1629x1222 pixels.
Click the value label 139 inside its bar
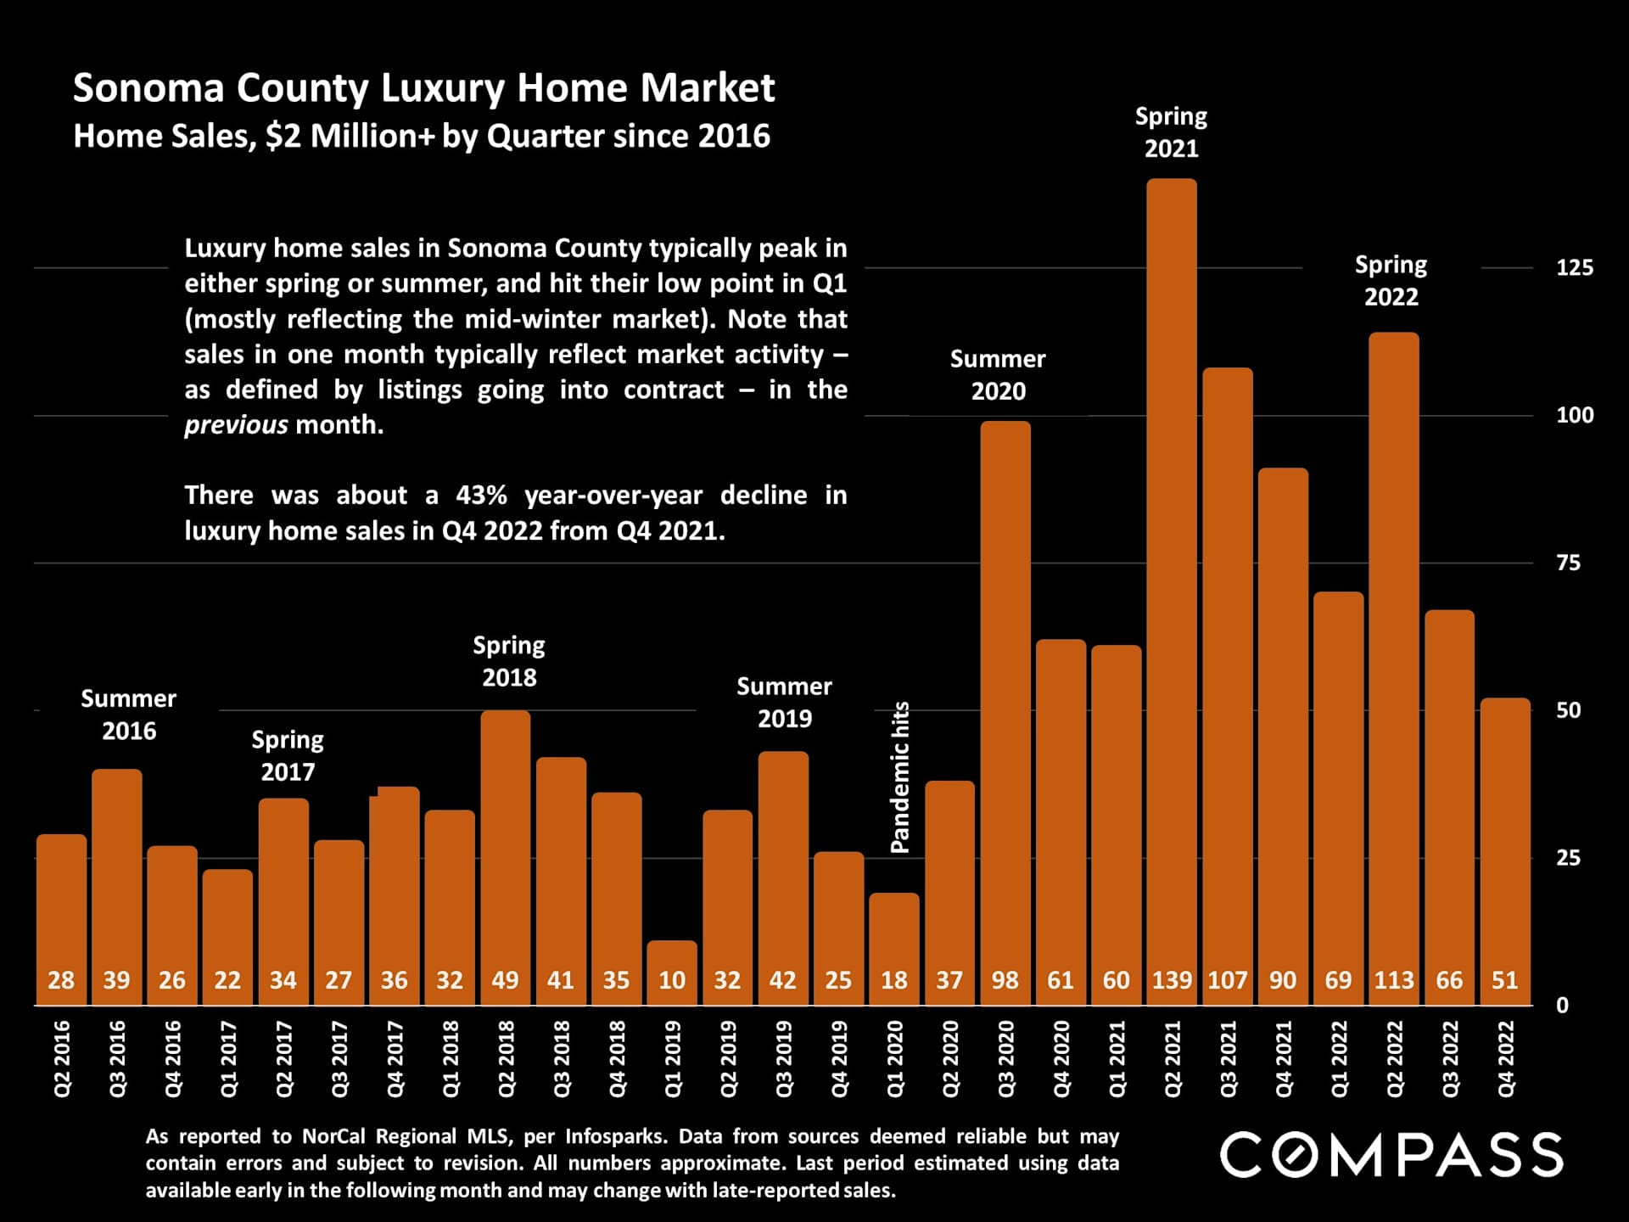coord(1172,980)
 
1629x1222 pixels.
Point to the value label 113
coord(1394,980)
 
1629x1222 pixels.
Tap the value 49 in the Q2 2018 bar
coord(506,980)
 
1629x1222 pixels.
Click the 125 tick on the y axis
coord(1574,267)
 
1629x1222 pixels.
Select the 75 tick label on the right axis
coord(1568,563)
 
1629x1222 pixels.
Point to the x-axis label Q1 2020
coord(895,1058)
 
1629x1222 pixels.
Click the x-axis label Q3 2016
coord(117,1058)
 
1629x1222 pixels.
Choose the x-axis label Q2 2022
coord(1395,1058)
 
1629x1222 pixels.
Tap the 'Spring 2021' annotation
coord(1171,132)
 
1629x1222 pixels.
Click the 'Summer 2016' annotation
coord(129,715)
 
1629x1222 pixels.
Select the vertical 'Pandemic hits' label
coord(899,776)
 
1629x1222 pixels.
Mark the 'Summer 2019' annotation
coord(784,702)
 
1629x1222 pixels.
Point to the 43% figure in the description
coord(481,495)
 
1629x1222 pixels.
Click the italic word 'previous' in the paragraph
coord(236,424)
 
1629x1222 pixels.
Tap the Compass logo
coord(1391,1155)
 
